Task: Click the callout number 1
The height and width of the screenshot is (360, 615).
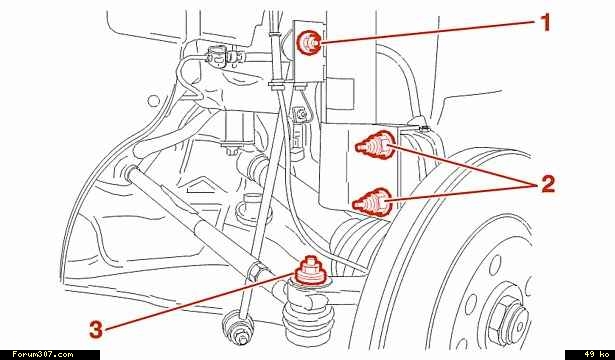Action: pos(544,22)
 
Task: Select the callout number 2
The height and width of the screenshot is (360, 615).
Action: pos(548,183)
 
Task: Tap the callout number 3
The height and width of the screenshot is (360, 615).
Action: pos(96,329)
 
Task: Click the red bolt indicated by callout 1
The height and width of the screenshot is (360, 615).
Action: pos(310,43)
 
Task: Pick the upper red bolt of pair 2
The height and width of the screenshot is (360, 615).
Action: pos(375,146)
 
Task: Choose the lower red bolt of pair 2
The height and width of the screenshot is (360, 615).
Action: pos(372,202)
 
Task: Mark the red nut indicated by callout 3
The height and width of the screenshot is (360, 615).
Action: pos(311,270)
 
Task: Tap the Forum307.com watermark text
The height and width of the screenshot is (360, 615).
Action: pos(42,355)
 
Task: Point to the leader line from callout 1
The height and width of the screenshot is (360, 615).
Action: pos(429,31)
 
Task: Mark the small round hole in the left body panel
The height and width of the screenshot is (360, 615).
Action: pos(154,100)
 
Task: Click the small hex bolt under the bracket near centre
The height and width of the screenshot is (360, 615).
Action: pos(231,149)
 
